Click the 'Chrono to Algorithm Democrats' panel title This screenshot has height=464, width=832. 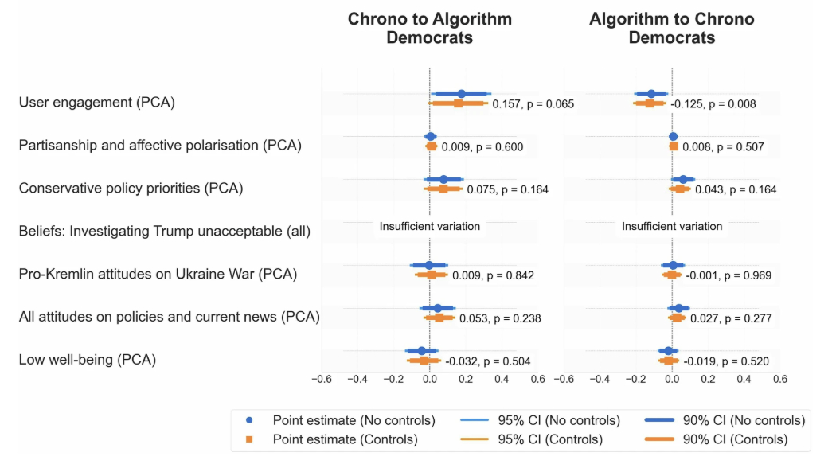click(429, 28)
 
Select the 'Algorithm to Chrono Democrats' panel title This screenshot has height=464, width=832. click(671, 28)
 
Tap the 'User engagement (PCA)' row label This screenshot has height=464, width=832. click(96, 103)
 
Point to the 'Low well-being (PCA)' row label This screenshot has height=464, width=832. click(87, 360)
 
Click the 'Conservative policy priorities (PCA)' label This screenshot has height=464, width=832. click(131, 189)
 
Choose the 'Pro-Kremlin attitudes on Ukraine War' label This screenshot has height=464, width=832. click(158, 275)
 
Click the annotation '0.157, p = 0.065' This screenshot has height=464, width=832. click(533, 104)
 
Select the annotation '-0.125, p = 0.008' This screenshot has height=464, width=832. click(713, 104)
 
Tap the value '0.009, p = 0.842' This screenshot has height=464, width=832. click(493, 276)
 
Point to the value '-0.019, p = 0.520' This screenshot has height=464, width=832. click(726, 361)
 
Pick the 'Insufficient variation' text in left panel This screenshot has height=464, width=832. click(430, 226)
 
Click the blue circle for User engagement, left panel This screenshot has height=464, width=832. click(461, 94)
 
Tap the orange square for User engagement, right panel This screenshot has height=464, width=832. click(650, 103)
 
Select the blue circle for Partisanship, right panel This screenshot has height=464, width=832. click(673, 137)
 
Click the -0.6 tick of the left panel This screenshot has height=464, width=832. click(322, 380)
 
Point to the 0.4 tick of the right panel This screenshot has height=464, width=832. click(744, 380)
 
